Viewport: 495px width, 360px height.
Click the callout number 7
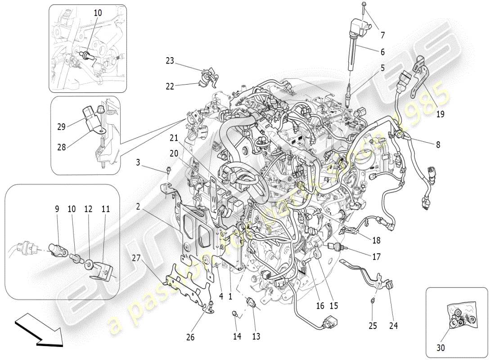pos(382,35)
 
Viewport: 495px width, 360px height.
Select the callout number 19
pos(440,114)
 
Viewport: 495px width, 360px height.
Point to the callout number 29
pos(62,127)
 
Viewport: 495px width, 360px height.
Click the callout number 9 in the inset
pos(57,209)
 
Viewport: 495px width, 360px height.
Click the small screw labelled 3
pos(168,170)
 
